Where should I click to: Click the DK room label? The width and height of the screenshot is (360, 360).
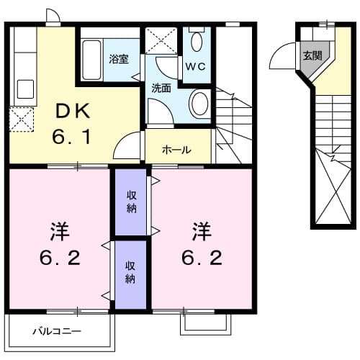pos(73,111)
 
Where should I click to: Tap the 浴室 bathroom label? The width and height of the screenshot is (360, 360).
pos(119,59)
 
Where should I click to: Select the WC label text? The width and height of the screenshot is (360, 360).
pos(195,66)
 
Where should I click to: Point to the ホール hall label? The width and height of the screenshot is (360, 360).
pos(176,150)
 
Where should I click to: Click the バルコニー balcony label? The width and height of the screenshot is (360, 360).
pos(57,332)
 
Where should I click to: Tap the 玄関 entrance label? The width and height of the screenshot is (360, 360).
pos(312,55)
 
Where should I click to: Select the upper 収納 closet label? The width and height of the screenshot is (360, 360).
pos(132,202)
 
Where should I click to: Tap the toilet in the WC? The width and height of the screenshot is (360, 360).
pos(197,41)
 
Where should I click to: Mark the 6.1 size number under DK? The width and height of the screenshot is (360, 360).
pos(73,137)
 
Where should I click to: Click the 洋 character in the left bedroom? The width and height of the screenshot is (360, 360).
pos(58,232)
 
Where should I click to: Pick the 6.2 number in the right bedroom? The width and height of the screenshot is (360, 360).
pos(201,258)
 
